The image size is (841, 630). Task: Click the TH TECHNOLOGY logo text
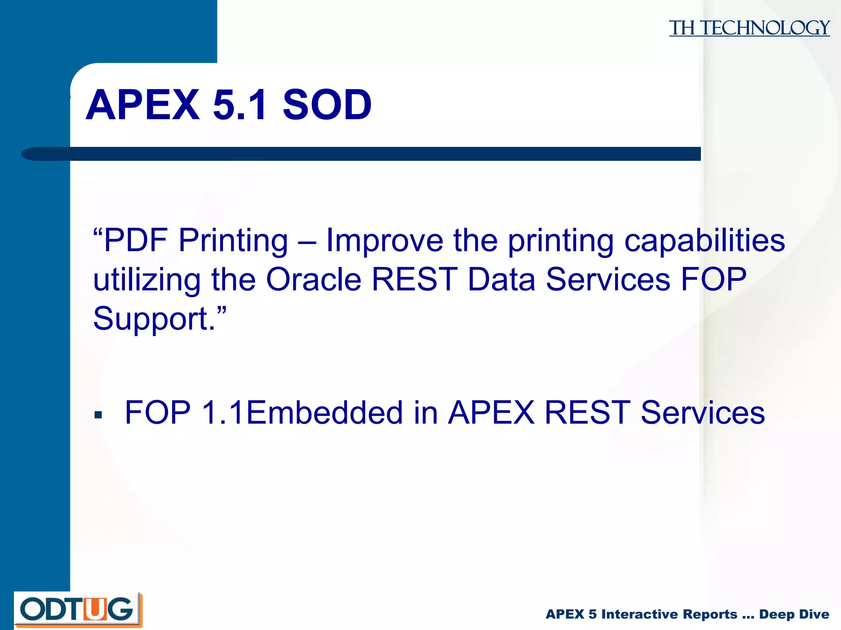[749, 28]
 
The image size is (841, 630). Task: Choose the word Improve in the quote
[384, 240]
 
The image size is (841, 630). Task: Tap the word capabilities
[704, 240]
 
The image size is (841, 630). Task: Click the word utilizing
[147, 280]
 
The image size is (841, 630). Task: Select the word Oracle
[314, 280]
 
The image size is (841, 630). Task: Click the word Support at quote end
[151, 319]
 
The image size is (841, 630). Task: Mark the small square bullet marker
[98, 415]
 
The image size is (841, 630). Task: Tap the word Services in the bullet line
[703, 413]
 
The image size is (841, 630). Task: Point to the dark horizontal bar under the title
[370, 154]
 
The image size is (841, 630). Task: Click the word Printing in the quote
[233, 240]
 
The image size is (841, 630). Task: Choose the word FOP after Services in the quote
[714, 280]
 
